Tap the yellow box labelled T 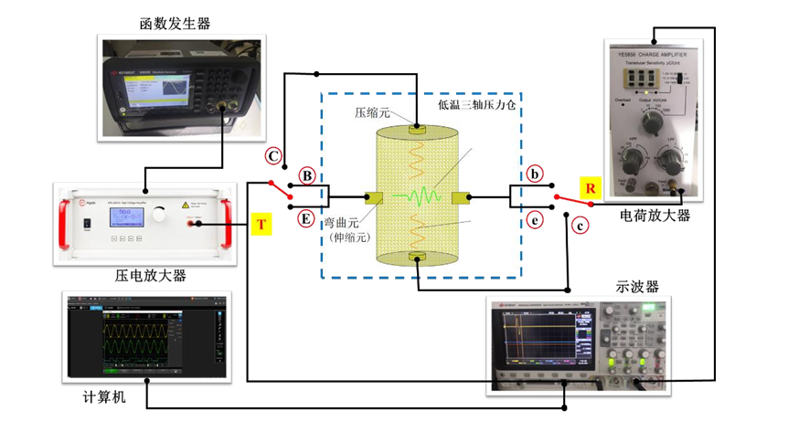[260, 223]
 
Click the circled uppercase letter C [272, 154]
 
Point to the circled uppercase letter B [308, 174]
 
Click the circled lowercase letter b [536, 174]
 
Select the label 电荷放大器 [654, 216]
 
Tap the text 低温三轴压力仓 [475, 107]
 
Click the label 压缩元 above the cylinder [373, 112]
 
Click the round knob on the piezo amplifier [161, 216]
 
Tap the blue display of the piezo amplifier [123, 218]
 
